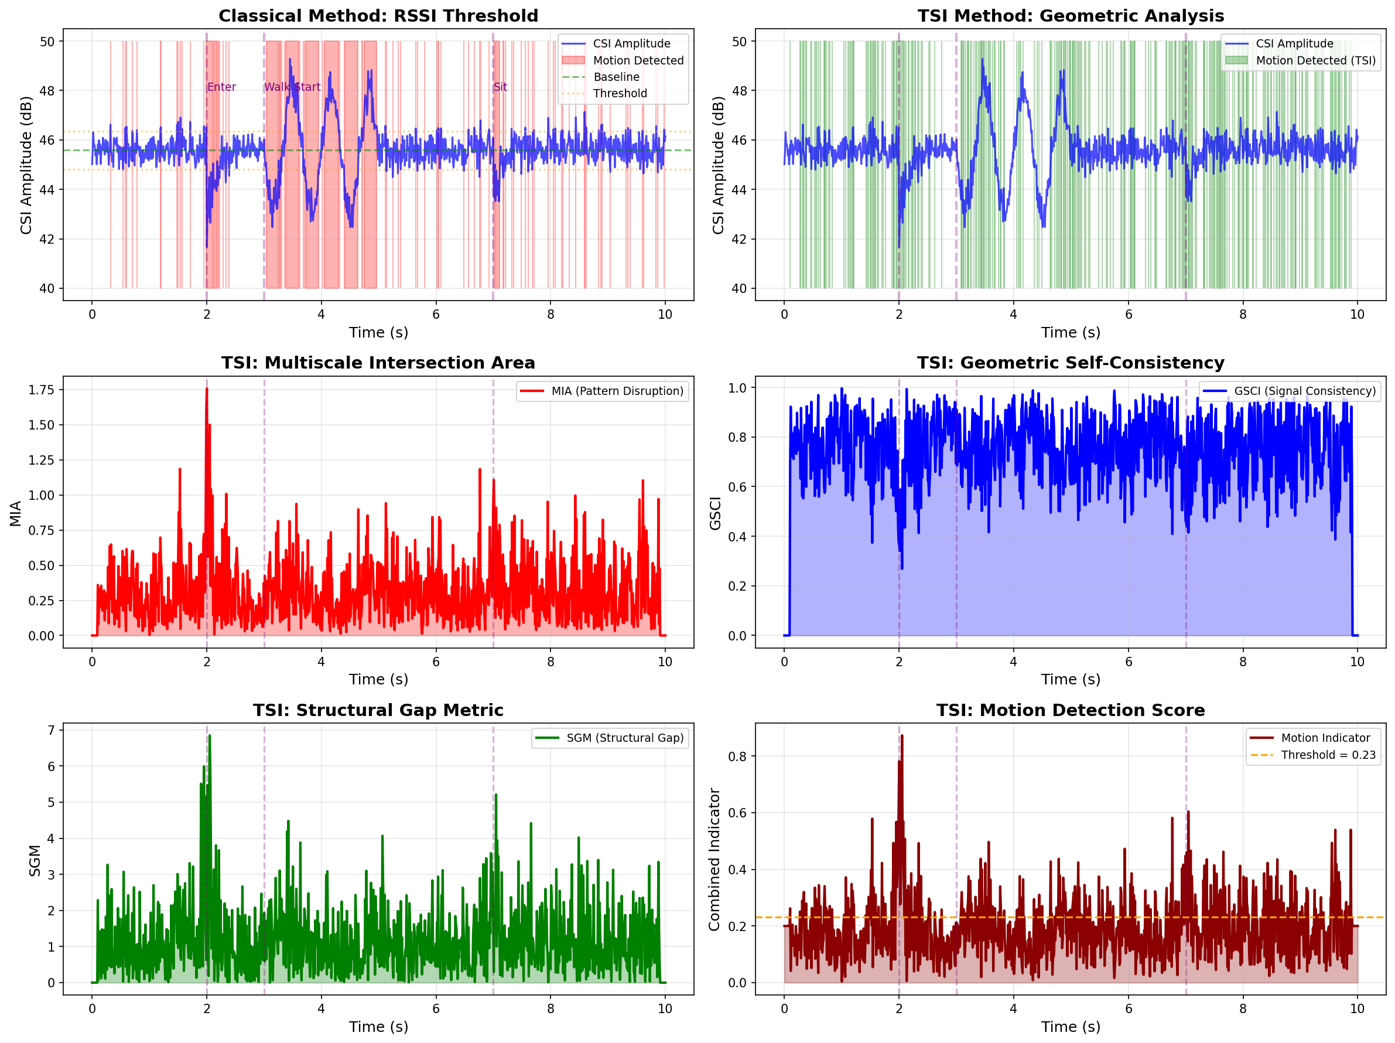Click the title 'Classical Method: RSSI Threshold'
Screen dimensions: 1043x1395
click(378, 16)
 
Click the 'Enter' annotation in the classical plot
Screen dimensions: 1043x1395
click(221, 87)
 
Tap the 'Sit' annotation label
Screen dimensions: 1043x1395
click(500, 87)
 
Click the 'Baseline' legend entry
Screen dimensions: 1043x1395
click(616, 77)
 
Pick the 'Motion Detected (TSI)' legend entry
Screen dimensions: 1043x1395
click(1315, 60)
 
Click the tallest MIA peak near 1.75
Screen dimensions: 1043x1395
click(207, 390)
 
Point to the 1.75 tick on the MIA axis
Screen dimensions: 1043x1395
click(42, 390)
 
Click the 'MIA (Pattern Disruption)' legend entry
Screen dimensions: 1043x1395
click(617, 391)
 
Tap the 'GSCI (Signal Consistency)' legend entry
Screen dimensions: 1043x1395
click(1304, 391)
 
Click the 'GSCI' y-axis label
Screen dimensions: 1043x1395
click(715, 513)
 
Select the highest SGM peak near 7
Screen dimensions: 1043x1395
click(210, 737)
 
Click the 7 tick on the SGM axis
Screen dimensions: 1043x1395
click(51, 730)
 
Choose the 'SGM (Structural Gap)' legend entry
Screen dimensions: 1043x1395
click(624, 738)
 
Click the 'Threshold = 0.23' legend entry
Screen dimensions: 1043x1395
click(1328, 755)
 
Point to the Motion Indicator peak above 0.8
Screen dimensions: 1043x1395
click(902, 737)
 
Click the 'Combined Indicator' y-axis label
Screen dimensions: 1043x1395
click(714, 860)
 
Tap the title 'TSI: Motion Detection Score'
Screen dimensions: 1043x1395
click(1070, 711)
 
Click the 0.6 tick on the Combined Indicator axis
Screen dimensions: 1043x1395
click(738, 813)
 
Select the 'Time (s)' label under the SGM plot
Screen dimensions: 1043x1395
click(378, 1027)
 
